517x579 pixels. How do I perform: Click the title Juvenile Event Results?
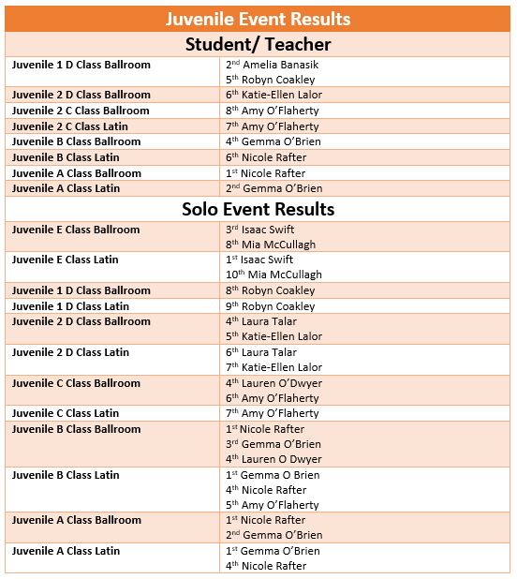tap(258, 19)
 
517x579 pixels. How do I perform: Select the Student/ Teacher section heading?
tap(258, 44)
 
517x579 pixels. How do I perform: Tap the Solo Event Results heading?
tap(258, 209)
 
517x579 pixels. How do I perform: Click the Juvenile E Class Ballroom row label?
tap(76, 230)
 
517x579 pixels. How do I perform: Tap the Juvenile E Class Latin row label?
tap(65, 260)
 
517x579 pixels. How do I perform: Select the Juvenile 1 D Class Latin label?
tap(70, 306)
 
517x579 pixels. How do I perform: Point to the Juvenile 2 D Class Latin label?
tap(70, 352)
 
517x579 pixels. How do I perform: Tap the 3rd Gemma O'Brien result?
tap(273, 444)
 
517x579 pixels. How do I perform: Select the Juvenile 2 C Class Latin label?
tap(70, 126)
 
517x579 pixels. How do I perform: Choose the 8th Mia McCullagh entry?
tap(271, 245)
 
